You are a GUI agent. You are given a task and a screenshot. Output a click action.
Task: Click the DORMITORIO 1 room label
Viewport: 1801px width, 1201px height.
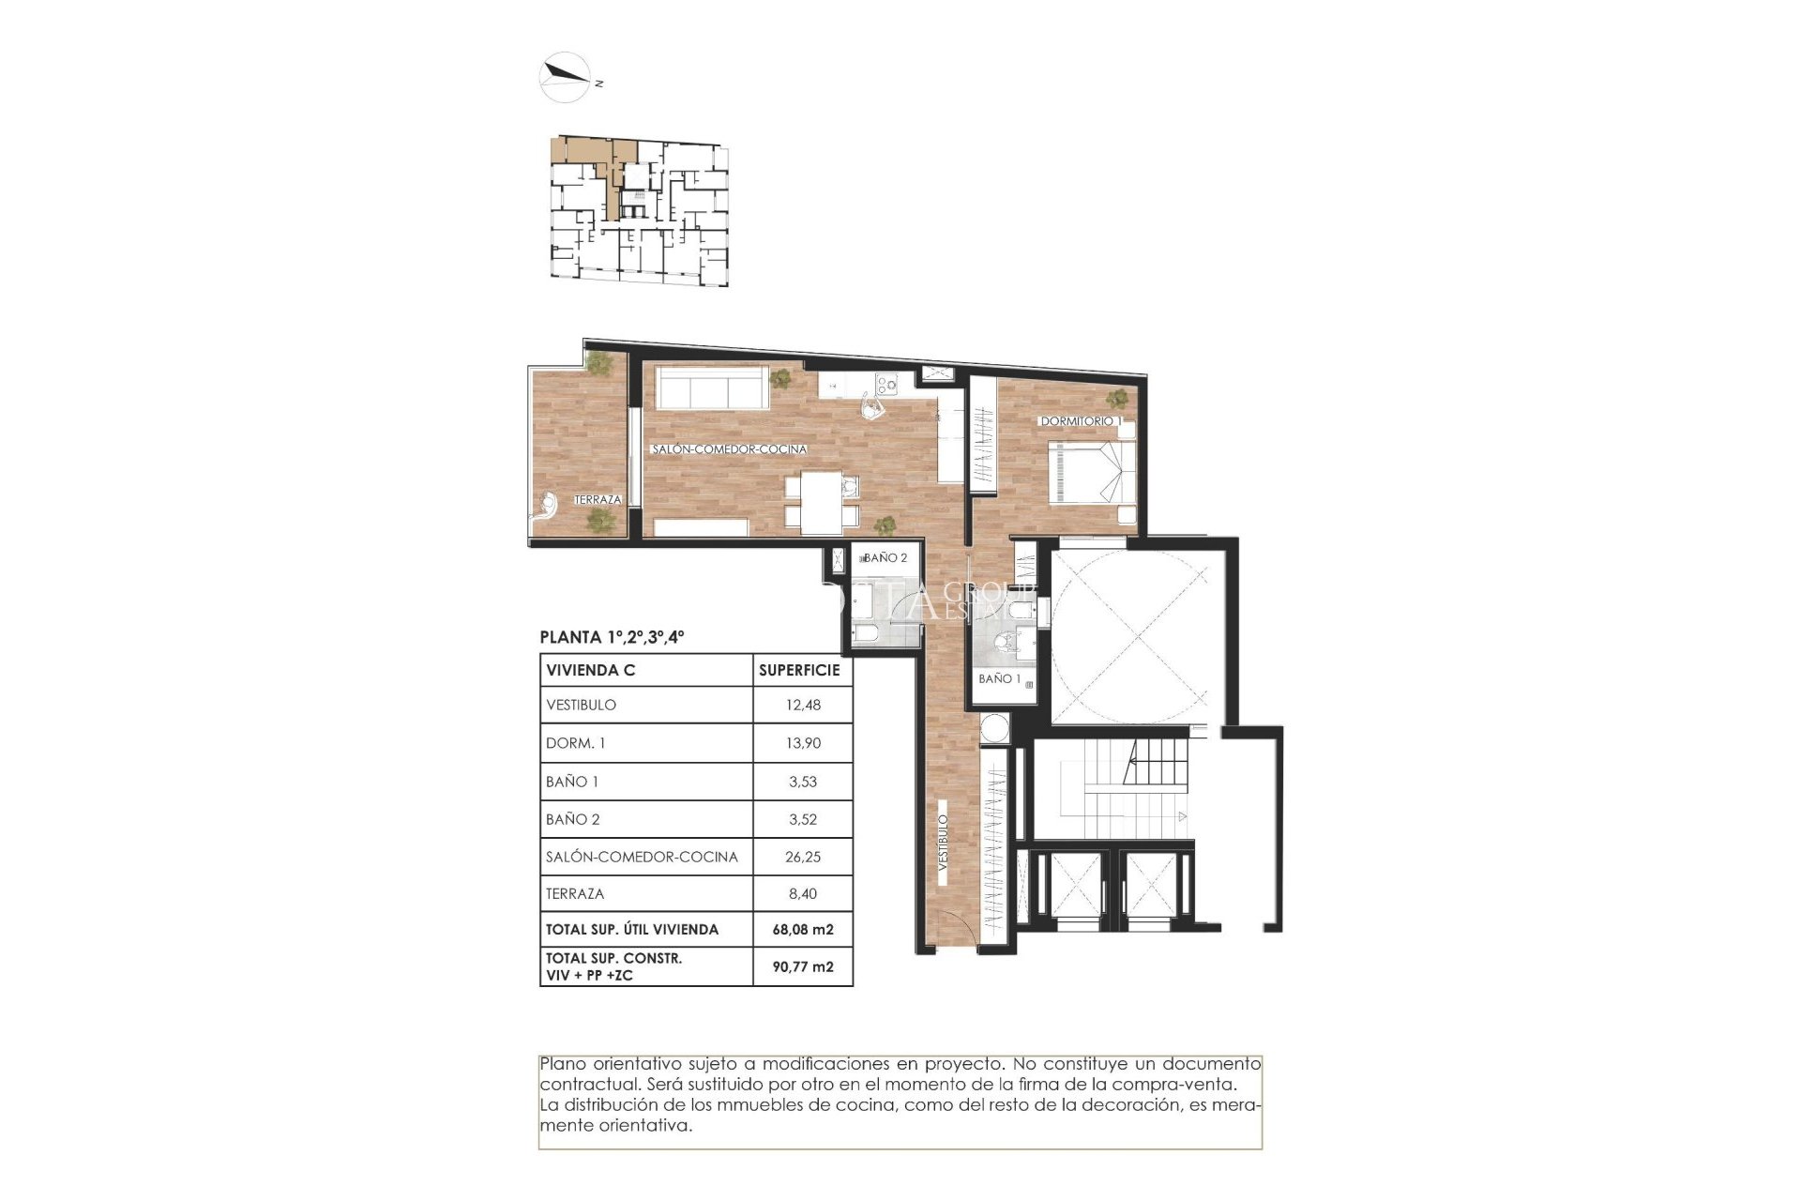1080,421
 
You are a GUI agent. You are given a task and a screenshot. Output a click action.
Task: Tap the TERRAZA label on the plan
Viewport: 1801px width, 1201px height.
598,499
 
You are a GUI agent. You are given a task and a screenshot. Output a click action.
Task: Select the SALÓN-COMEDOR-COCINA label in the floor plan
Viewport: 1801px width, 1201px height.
729,449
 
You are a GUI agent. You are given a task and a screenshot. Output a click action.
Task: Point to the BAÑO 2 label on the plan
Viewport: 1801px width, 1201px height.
885,557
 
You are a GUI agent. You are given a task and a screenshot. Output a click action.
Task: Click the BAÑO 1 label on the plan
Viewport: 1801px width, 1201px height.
999,678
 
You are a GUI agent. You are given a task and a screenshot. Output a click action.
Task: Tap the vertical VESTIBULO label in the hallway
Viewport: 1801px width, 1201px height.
944,843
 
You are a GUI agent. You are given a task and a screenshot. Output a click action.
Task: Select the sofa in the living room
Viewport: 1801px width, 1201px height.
711,388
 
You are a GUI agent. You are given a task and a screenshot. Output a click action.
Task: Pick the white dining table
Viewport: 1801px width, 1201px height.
821,502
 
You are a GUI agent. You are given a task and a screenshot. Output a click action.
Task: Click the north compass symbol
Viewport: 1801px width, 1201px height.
566,76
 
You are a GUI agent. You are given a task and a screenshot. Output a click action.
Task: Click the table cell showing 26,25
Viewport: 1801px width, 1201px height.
803,857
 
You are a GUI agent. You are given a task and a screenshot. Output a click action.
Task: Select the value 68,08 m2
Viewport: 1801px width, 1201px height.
803,930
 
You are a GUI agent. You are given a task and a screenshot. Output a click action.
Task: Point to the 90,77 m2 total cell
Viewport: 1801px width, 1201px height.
803,966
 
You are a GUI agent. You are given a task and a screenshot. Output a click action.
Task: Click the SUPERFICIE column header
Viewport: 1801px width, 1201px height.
799,670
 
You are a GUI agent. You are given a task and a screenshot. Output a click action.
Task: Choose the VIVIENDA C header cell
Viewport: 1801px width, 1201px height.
591,670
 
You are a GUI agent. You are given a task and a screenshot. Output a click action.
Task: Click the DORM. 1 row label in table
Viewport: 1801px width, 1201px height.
576,743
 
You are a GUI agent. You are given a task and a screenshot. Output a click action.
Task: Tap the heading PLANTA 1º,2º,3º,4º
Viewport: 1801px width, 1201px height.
612,637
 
